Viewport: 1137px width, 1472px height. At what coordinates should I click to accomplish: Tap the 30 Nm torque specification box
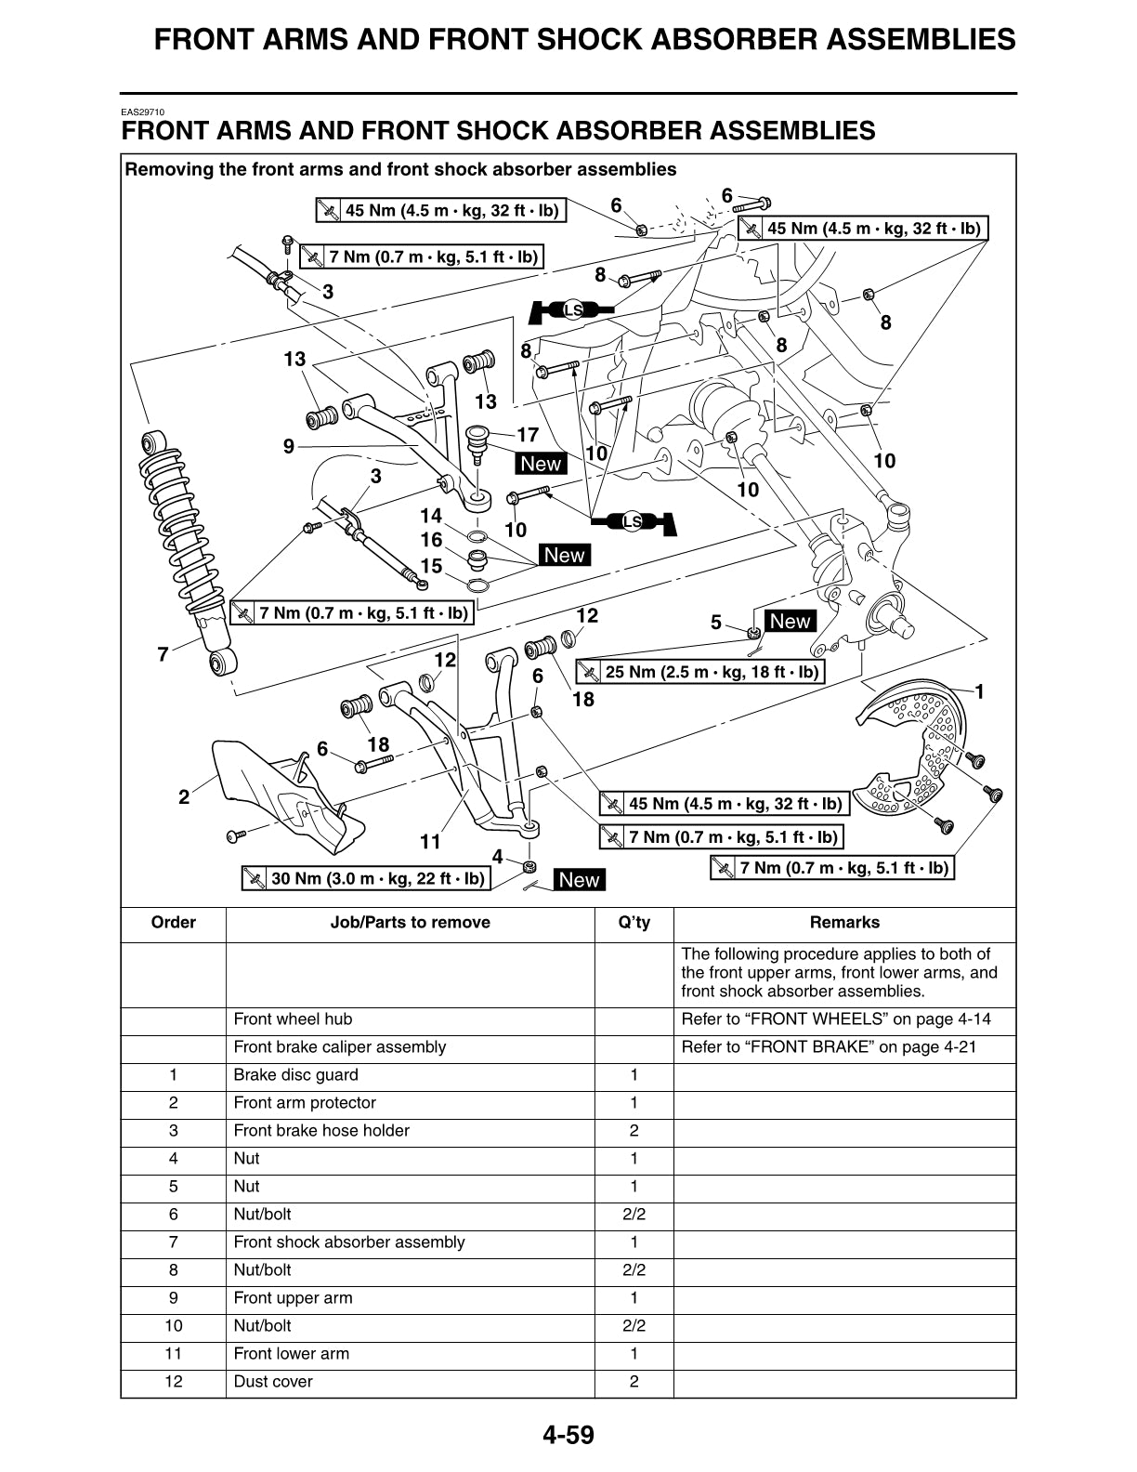(366, 878)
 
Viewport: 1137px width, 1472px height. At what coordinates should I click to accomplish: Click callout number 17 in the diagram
(528, 434)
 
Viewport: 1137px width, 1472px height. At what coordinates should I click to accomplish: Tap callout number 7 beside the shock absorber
(163, 655)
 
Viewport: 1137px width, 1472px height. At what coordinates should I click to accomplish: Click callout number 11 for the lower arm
(429, 842)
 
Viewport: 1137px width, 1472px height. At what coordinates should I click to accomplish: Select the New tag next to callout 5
(790, 621)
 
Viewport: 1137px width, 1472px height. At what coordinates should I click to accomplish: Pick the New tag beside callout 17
(542, 464)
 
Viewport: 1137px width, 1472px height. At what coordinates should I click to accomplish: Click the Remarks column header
(843, 923)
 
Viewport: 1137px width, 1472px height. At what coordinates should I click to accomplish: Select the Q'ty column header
(634, 923)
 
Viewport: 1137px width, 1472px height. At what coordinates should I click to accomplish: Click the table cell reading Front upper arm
(293, 1298)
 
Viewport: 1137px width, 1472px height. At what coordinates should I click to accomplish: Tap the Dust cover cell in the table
(273, 1382)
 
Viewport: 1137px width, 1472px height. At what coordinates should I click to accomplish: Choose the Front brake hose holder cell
(321, 1131)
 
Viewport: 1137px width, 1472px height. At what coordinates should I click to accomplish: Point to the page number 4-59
(568, 1436)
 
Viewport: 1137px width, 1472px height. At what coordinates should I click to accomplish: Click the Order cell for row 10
(173, 1326)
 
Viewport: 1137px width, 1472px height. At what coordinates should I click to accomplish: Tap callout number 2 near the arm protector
(184, 796)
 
